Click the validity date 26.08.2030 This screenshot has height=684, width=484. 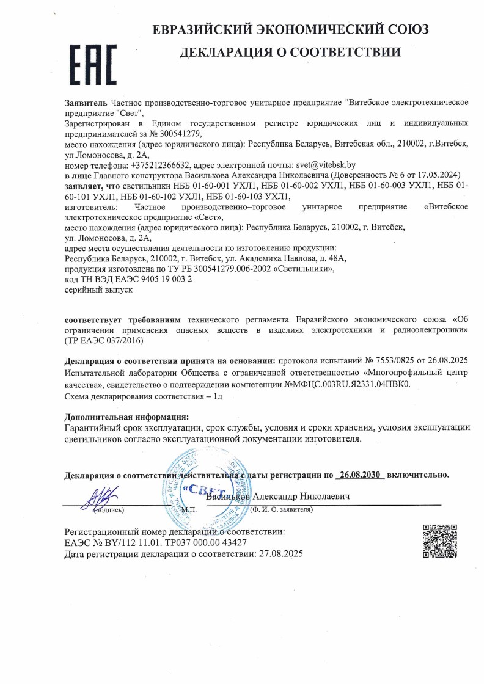362,474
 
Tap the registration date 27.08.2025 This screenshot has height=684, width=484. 279,554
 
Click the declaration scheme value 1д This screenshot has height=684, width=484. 216,396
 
